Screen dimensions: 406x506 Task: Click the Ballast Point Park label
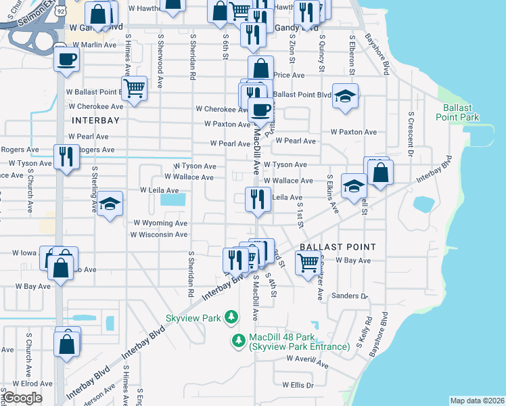point(461,112)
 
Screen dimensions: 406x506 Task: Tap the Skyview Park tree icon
point(231,317)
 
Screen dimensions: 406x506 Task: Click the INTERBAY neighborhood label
point(95,120)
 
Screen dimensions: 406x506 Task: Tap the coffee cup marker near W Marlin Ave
point(67,59)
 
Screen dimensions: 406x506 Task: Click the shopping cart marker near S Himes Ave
point(135,87)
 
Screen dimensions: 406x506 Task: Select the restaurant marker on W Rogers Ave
point(66,156)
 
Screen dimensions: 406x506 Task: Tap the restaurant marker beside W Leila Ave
point(257,198)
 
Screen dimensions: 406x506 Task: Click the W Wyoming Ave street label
point(160,223)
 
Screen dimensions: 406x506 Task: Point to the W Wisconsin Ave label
point(158,235)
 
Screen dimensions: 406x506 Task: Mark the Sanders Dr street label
point(348,296)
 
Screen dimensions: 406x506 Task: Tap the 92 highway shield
point(61,12)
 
